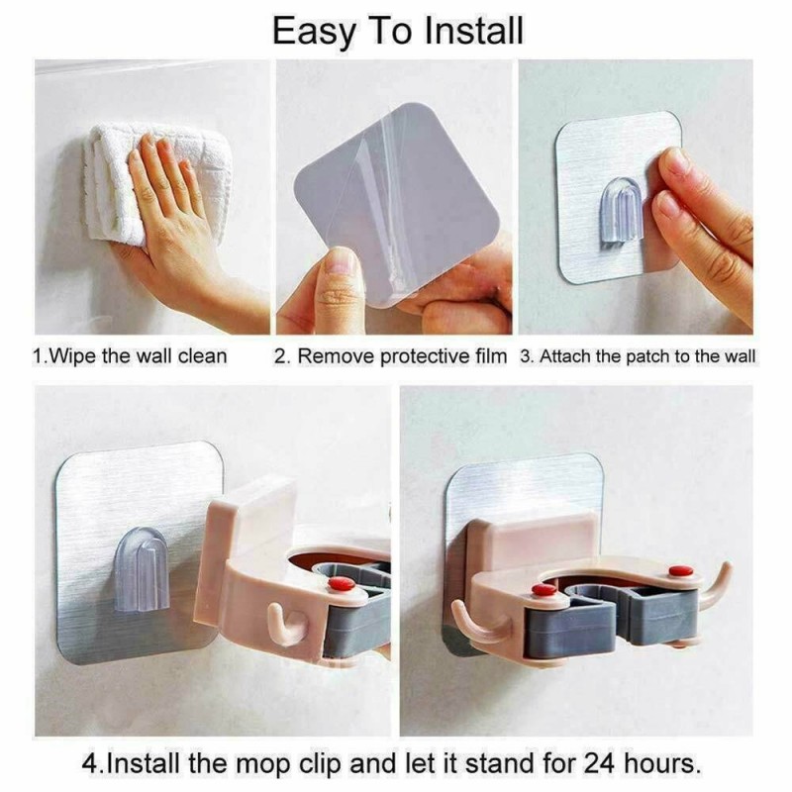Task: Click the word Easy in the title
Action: point(314,33)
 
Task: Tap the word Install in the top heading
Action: point(473,31)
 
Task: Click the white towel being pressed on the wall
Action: point(151,182)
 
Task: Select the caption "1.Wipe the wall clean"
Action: point(130,356)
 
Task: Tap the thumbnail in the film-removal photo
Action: point(341,262)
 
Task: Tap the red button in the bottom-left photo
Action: point(342,584)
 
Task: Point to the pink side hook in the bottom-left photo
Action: point(284,625)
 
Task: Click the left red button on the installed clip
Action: point(544,590)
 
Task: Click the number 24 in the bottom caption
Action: point(600,763)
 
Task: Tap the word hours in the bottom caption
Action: point(660,763)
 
